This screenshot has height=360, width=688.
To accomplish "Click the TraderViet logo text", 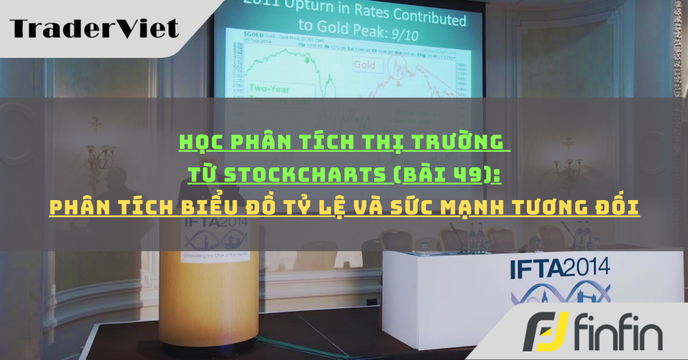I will (x=94, y=28).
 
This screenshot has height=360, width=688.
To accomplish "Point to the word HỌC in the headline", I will (x=201, y=142).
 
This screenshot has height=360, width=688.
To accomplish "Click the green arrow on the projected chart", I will (x=307, y=59).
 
